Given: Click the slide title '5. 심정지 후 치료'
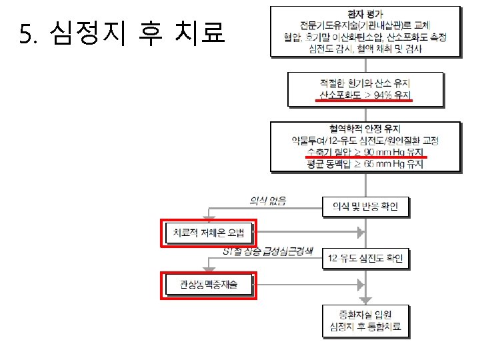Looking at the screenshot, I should [x=123, y=34].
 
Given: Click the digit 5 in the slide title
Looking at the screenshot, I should [x=25, y=34].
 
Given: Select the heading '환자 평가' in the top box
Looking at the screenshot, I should [x=365, y=13].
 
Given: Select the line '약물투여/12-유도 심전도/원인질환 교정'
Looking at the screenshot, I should [x=365, y=141].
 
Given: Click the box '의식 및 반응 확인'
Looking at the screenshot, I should [x=365, y=207].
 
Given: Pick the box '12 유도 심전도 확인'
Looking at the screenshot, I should [x=365, y=259].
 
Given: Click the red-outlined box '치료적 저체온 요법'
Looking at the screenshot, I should [x=209, y=233].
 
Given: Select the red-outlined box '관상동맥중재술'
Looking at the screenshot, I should [x=208, y=285].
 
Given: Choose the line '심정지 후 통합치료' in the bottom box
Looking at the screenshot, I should [x=365, y=327].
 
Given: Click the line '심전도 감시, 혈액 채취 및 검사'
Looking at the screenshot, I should [x=365, y=49].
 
